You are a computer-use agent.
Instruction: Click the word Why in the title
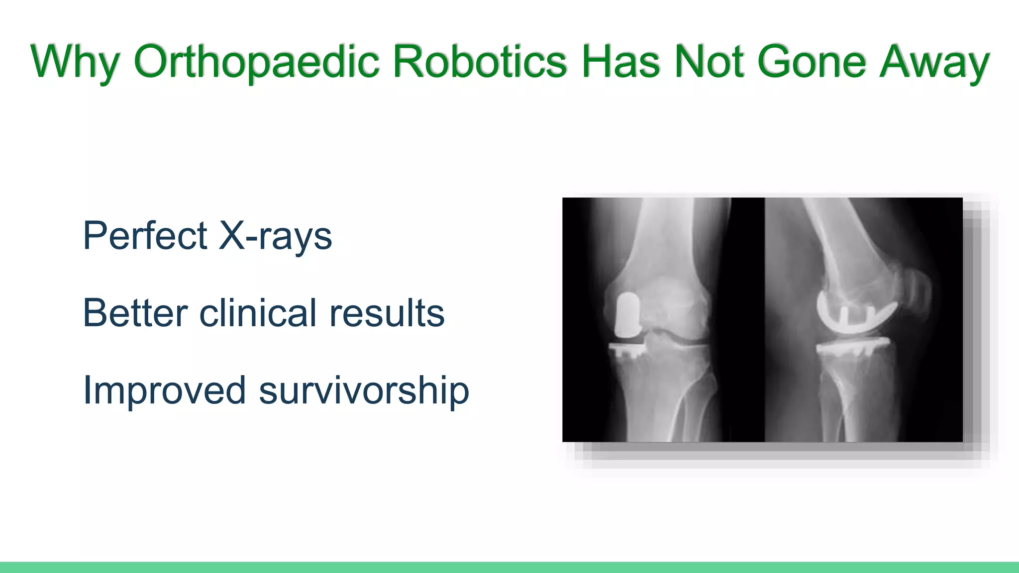[x=75, y=62]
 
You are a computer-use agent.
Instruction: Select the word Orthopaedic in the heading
[x=256, y=62]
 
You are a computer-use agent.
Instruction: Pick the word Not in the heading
[x=709, y=62]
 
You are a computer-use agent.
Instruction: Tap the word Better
[x=135, y=313]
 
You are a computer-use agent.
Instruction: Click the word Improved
[x=164, y=391]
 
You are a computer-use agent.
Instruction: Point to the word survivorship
[x=364, y=391]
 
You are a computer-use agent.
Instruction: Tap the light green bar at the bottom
[x=509, y=568]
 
